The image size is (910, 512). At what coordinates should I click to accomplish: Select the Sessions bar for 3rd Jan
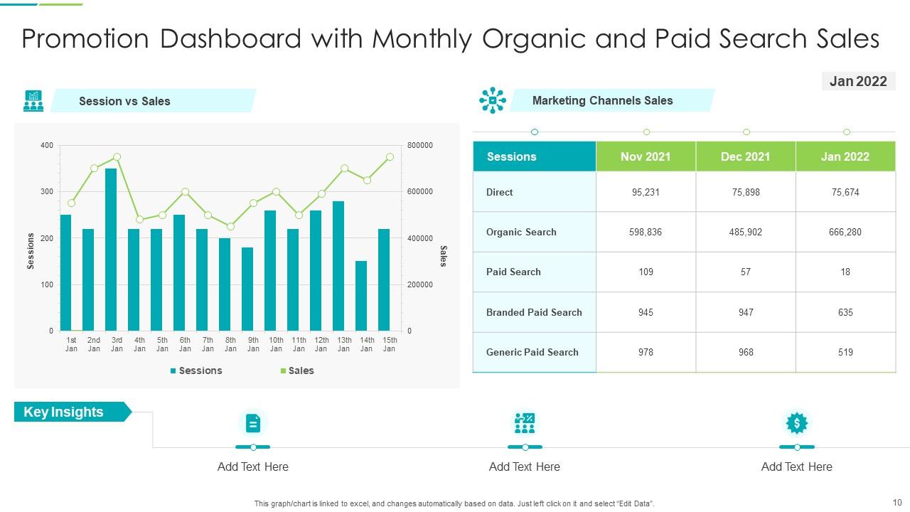111,250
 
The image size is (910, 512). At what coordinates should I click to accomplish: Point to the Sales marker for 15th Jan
390,156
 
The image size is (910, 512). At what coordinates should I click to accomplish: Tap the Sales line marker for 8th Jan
230,226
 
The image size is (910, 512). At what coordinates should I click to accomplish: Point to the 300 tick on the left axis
46,192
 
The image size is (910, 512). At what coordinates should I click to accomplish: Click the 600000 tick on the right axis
419,192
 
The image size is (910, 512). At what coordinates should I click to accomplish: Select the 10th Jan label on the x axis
276,344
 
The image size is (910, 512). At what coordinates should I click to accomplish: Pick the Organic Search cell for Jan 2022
845,232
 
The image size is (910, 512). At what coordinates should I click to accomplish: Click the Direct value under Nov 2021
646,192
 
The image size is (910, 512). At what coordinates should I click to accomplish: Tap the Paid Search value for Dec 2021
745,272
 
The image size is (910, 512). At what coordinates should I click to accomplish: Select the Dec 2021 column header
745,156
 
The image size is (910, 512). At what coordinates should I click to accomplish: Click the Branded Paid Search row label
534,312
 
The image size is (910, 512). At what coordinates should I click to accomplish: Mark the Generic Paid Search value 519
845,352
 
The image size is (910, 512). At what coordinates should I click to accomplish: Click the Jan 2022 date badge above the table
858,81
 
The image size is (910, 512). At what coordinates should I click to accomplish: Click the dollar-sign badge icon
796,423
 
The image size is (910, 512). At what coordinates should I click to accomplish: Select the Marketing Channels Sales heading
602,100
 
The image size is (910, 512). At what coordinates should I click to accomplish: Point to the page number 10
896,502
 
